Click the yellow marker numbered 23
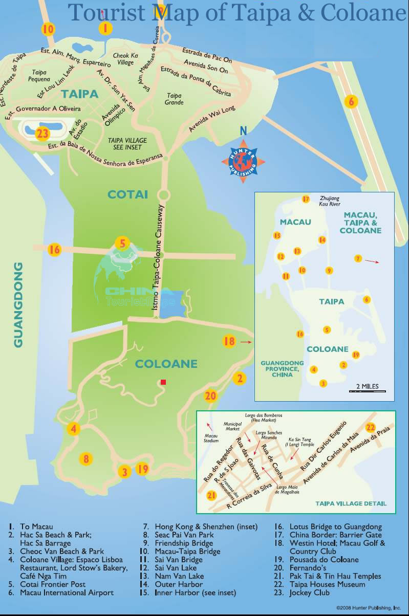42,134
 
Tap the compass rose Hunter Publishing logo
243,159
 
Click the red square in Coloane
163,382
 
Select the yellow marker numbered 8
86,459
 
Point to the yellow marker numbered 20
210,395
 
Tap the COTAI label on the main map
127,194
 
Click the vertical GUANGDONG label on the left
18,305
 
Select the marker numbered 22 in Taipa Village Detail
371,428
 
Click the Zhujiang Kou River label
329,201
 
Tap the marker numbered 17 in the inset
306,199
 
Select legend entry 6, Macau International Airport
67,592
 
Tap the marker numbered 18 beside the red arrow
229,341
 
